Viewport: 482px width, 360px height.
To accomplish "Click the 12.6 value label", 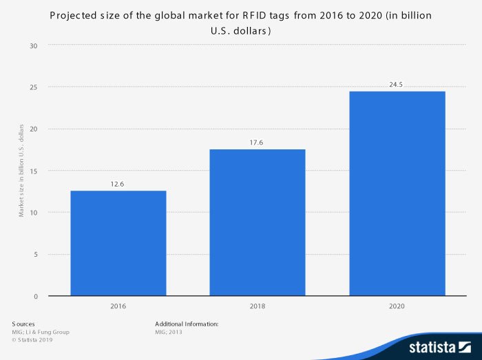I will pos(118,184).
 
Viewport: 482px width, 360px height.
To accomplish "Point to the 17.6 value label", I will pos(258,142).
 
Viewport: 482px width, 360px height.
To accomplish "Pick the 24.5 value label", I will pos(397,85).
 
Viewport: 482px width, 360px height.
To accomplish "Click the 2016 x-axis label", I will pos(118,305).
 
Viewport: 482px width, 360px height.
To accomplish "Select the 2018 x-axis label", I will pos(258,305).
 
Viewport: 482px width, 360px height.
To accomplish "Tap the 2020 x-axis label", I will pos(397,305).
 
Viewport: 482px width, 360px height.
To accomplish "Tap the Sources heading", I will pos(23,324).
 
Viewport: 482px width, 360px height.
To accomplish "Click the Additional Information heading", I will pos(187,324).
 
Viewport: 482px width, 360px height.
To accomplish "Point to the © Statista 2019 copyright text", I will pos(32,339).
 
